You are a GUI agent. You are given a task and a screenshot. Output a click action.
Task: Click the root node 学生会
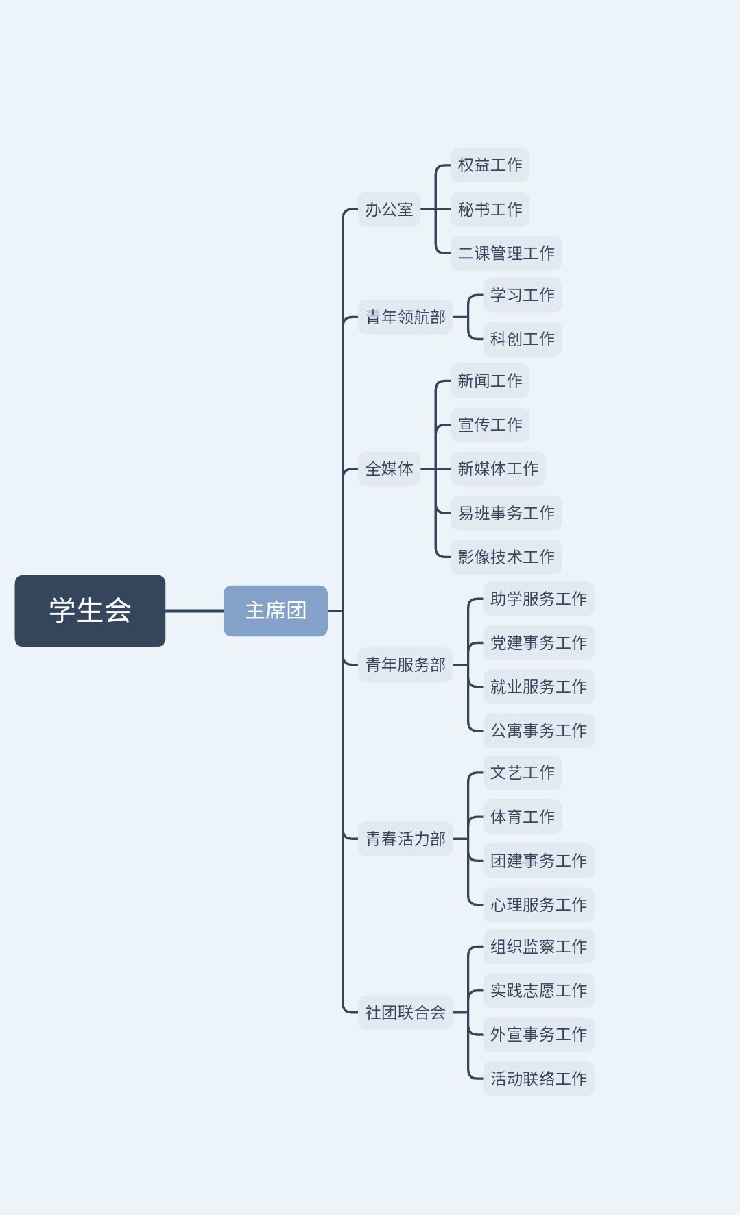pyautogui.click(x=90, y=610)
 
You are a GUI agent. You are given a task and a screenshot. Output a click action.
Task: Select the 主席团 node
pyautogui.click(x=275, y=610)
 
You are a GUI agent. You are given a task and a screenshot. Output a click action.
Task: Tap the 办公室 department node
pyautogui.click(x=389, y=209)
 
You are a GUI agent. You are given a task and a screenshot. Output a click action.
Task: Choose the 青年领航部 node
pyautogui.click(x=405, y=317)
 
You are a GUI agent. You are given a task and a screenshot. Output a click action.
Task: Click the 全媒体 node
pyautogui.click(x=389, y=469)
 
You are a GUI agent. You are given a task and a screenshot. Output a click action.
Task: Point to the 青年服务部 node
pyautogui.click(x=405, y=664)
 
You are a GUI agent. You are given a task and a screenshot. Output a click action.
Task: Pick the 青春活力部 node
pyautogui.click(x=405, y=839)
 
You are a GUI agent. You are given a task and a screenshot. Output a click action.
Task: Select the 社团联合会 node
pyautogui.click(x=405, y=1012)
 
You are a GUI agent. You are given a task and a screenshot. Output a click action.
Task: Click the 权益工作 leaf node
pyautogui.click(x=490, y=165)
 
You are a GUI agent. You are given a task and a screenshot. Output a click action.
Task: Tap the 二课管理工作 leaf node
pyautogui.click(x=506, y=253)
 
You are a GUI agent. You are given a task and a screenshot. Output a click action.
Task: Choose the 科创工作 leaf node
pyautogui.click(x=523, y=339)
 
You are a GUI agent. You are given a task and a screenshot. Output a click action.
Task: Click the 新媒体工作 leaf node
pyautogui.click(x=498, y=469)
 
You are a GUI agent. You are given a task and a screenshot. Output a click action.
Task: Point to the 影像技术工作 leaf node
pyautogui.click(x=506, y=557)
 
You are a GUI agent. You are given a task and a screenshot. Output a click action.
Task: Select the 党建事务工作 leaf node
pyautogui.click(x=538, y=642)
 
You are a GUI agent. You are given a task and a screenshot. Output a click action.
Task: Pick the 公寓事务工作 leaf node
pyautogui.click(x=538, y=730)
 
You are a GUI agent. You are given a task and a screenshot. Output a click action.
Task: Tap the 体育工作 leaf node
pyautogui.click(x=523, y=817)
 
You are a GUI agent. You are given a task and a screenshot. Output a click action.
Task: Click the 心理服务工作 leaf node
pyautogui.click(x=538, y=904)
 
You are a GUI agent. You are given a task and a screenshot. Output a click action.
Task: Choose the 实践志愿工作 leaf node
pyautogui.click(x=538, y=990)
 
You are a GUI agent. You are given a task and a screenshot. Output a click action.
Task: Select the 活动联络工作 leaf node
pyautogui.click(x=538, y=1079)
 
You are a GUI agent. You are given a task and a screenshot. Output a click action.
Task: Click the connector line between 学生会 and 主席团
pyautogui.click(x=194, y=610)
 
